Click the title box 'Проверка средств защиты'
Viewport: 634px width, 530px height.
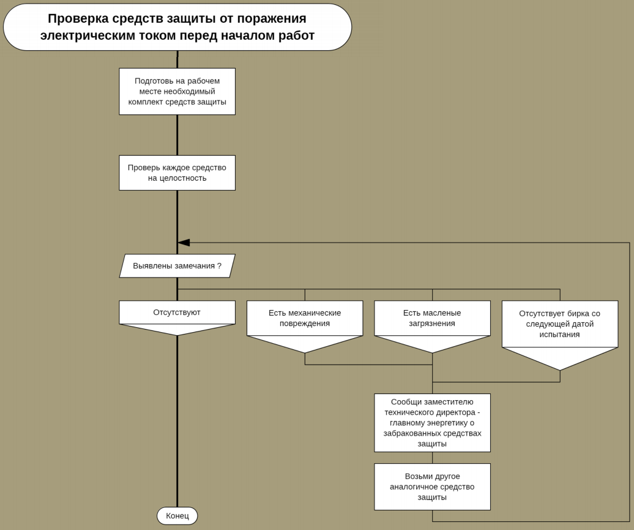[177, 27]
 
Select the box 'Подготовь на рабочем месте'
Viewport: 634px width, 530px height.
[177, 91]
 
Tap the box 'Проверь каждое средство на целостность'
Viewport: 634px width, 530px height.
[177, 173]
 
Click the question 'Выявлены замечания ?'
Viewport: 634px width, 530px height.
[177, 266]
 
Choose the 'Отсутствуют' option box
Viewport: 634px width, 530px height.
[177, 312]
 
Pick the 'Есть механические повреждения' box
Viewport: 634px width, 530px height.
[305, 318]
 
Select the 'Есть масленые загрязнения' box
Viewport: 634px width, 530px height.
[432, 318]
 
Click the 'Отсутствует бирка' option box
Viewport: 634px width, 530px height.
[559, 324]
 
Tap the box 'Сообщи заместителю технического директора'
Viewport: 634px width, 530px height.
[432, 423]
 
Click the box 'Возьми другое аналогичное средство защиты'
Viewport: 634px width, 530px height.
[432, 486]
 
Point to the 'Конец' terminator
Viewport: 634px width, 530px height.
[177, 516]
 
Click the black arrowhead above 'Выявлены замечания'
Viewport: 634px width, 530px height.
[184, 243]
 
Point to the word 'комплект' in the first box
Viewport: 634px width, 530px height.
[146, 102]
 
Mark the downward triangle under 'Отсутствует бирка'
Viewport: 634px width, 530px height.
[559, 358]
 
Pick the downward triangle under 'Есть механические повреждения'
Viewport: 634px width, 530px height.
[305, 344]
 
